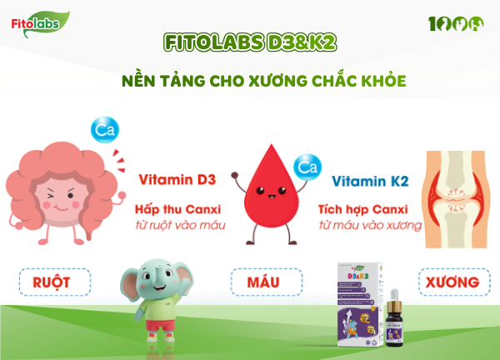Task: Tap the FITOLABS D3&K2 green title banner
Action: [250, 42]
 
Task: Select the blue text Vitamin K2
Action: [372, 181]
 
